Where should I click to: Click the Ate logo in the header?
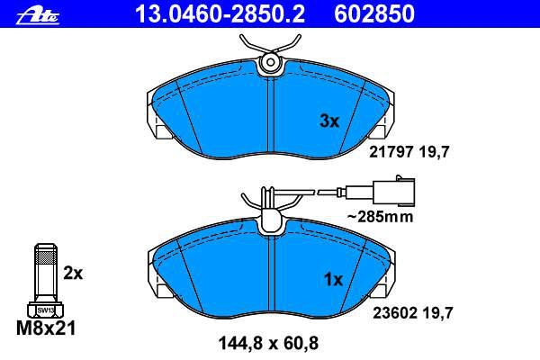coord(38,16)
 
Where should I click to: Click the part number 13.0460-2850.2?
coord(220,13)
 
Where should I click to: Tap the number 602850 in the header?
coord(374,13)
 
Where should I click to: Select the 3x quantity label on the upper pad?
coord(329,121)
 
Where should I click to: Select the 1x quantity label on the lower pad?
coord(333,280)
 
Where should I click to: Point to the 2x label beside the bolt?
coord(73,274)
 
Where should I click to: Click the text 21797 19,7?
coord(409,151)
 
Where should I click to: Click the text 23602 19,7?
coord(413,313)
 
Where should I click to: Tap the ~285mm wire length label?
coord(380,217)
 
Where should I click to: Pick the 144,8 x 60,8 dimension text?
coord(268,343)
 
